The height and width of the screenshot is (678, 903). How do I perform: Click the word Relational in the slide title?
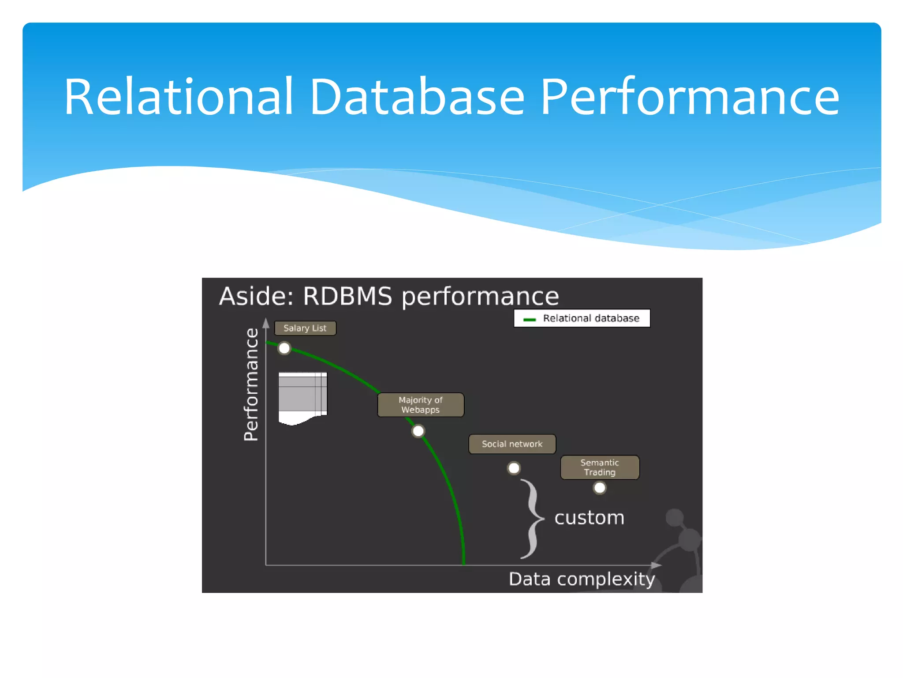[x=178, y=97]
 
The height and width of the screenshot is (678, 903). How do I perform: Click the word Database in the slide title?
[x=417, y=97]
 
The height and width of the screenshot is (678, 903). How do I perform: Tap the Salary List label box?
[x=305, y=328]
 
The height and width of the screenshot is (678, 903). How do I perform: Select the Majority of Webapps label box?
[x=421, y=405]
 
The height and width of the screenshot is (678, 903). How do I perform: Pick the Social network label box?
[x=512, y=444]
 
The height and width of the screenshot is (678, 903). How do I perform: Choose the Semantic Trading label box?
[x=600, y=467]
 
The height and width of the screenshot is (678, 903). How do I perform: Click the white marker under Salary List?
[x=284, y=348]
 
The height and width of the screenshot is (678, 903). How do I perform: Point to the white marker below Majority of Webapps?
[x=418, y=431]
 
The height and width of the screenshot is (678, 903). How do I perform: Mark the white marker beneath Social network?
[x=514, y=468]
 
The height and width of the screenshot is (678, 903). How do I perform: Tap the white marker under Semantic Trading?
[x=600, y=488]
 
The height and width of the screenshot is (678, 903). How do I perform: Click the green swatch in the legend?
[x=529, y=319]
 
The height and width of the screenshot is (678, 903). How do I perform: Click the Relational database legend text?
[x=591, y=318]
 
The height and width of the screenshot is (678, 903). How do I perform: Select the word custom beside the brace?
[x=589, y=517]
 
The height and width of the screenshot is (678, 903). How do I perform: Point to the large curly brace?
[x=533, y=519]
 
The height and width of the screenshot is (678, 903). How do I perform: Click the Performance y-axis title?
[x=251, y=384]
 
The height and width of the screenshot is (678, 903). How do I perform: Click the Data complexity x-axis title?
[x=582, y=579]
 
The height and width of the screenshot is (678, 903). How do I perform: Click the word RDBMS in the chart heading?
[x=347, y=296]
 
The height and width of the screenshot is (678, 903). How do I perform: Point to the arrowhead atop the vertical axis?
[x=266, y=324]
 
